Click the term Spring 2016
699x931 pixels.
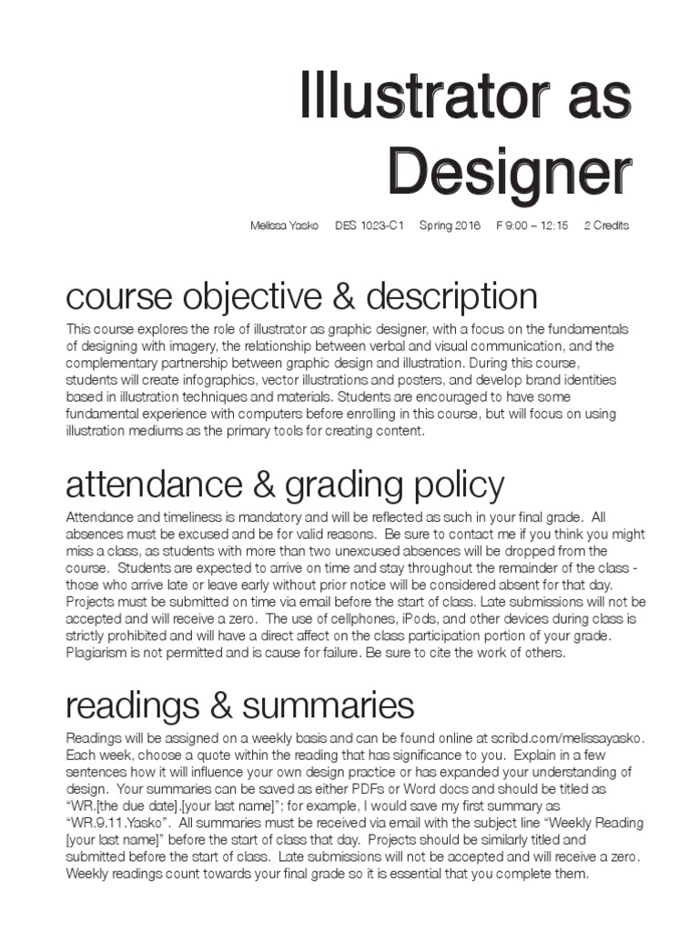(x=451, y=225)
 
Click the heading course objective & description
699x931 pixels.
(x=302, y=296)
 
